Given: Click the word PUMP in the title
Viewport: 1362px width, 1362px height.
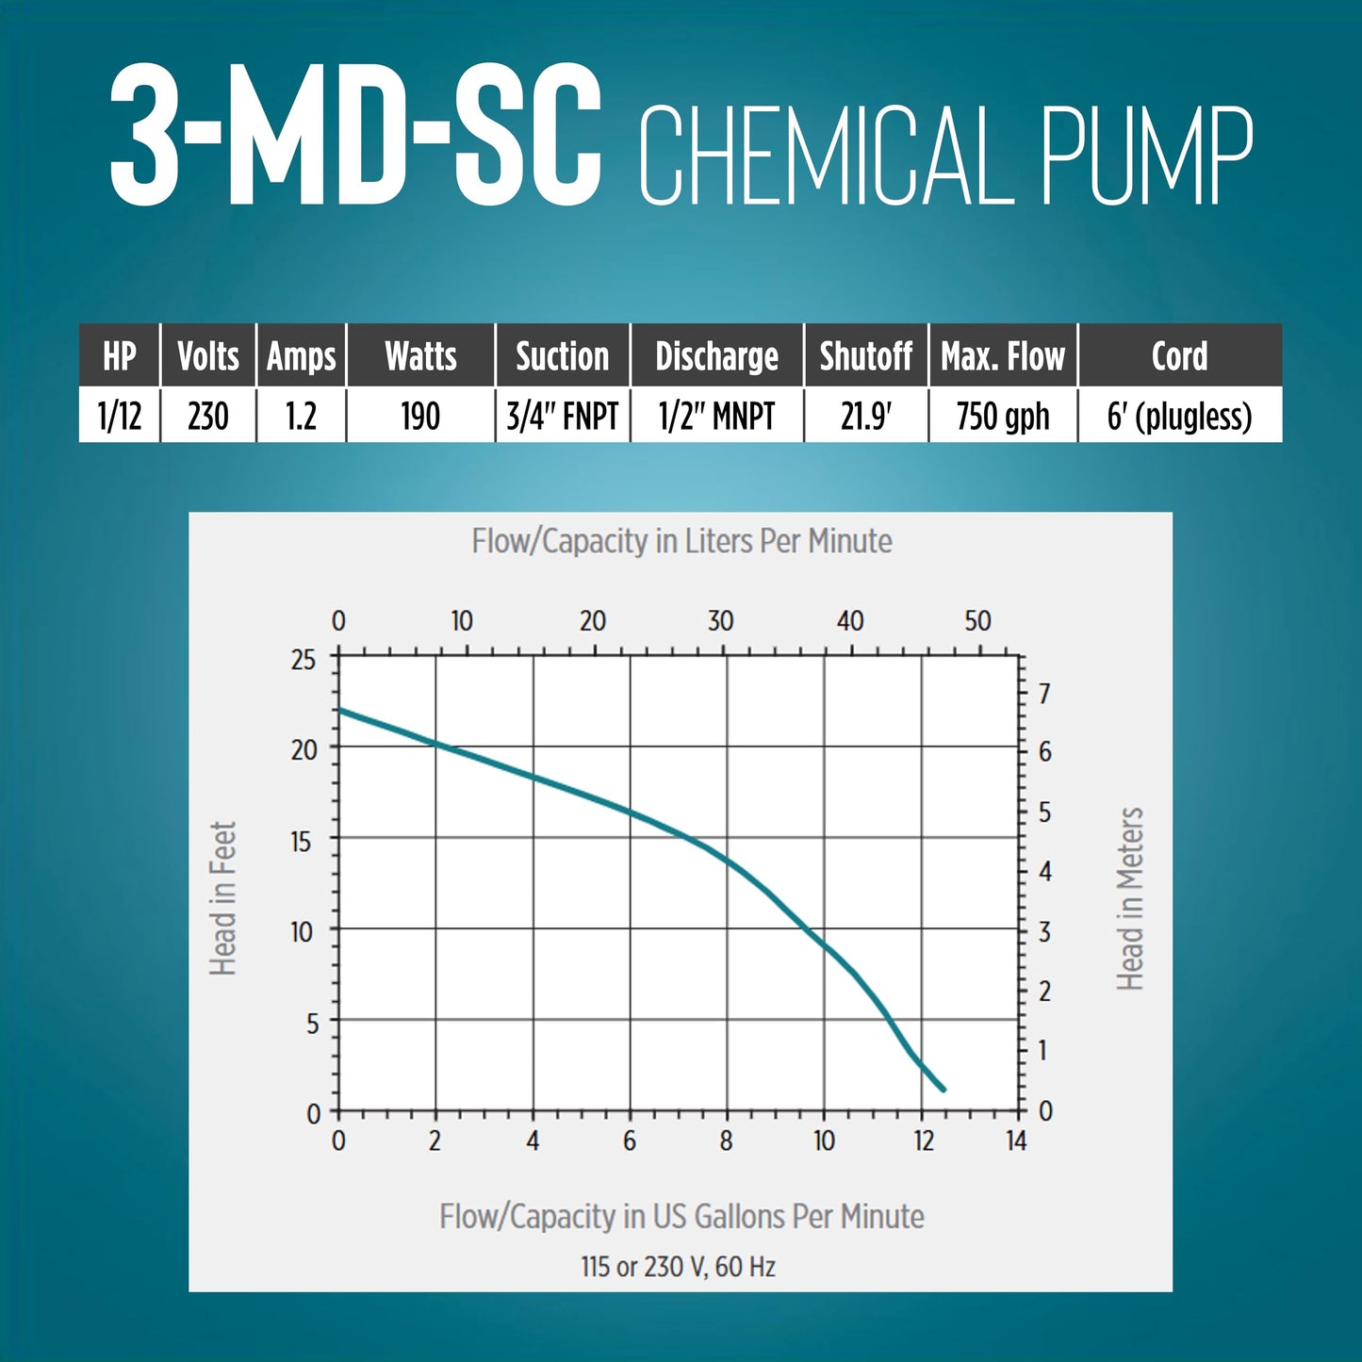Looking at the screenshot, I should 1146,156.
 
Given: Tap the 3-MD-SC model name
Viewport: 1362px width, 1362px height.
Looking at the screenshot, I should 356,137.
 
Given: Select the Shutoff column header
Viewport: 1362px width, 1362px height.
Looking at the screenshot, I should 865,356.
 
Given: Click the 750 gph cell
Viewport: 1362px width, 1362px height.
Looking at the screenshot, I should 1002,416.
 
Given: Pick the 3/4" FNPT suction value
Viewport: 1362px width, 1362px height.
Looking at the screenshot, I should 562,416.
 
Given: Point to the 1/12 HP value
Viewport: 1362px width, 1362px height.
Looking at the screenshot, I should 120,416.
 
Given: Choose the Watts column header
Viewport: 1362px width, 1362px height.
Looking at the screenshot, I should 420,356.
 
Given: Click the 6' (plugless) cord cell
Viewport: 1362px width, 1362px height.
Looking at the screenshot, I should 1179,416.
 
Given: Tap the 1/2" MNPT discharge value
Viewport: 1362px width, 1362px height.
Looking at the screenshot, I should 716,416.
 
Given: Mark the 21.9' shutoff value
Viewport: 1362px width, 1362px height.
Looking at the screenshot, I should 865,416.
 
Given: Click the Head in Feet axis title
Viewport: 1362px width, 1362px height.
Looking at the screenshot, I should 222,898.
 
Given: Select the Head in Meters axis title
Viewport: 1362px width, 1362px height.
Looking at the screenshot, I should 1130,898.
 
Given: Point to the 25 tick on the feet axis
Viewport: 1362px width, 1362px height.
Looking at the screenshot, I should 304,659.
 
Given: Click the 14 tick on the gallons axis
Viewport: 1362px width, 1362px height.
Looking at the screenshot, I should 1015,1141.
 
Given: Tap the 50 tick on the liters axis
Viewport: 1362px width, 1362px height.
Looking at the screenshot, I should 977,621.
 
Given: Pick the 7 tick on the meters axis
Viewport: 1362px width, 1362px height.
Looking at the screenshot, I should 1044,694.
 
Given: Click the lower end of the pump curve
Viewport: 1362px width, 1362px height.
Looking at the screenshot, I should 943,1089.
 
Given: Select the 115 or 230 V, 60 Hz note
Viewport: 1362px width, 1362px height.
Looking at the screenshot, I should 678,1266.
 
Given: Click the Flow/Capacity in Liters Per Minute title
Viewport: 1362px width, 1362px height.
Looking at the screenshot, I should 681,541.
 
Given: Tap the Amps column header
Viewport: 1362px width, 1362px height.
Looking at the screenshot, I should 301,356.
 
